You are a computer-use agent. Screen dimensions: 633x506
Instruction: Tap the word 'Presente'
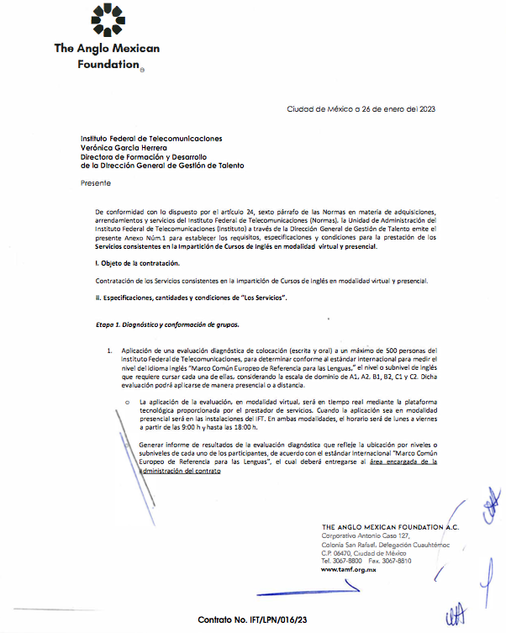point(95,182)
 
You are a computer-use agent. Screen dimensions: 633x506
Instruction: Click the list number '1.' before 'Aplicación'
point(109,350)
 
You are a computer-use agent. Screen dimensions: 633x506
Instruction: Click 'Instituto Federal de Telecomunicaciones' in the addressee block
point(151,137)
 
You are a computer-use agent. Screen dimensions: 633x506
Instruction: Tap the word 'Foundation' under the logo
point(108,64)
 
